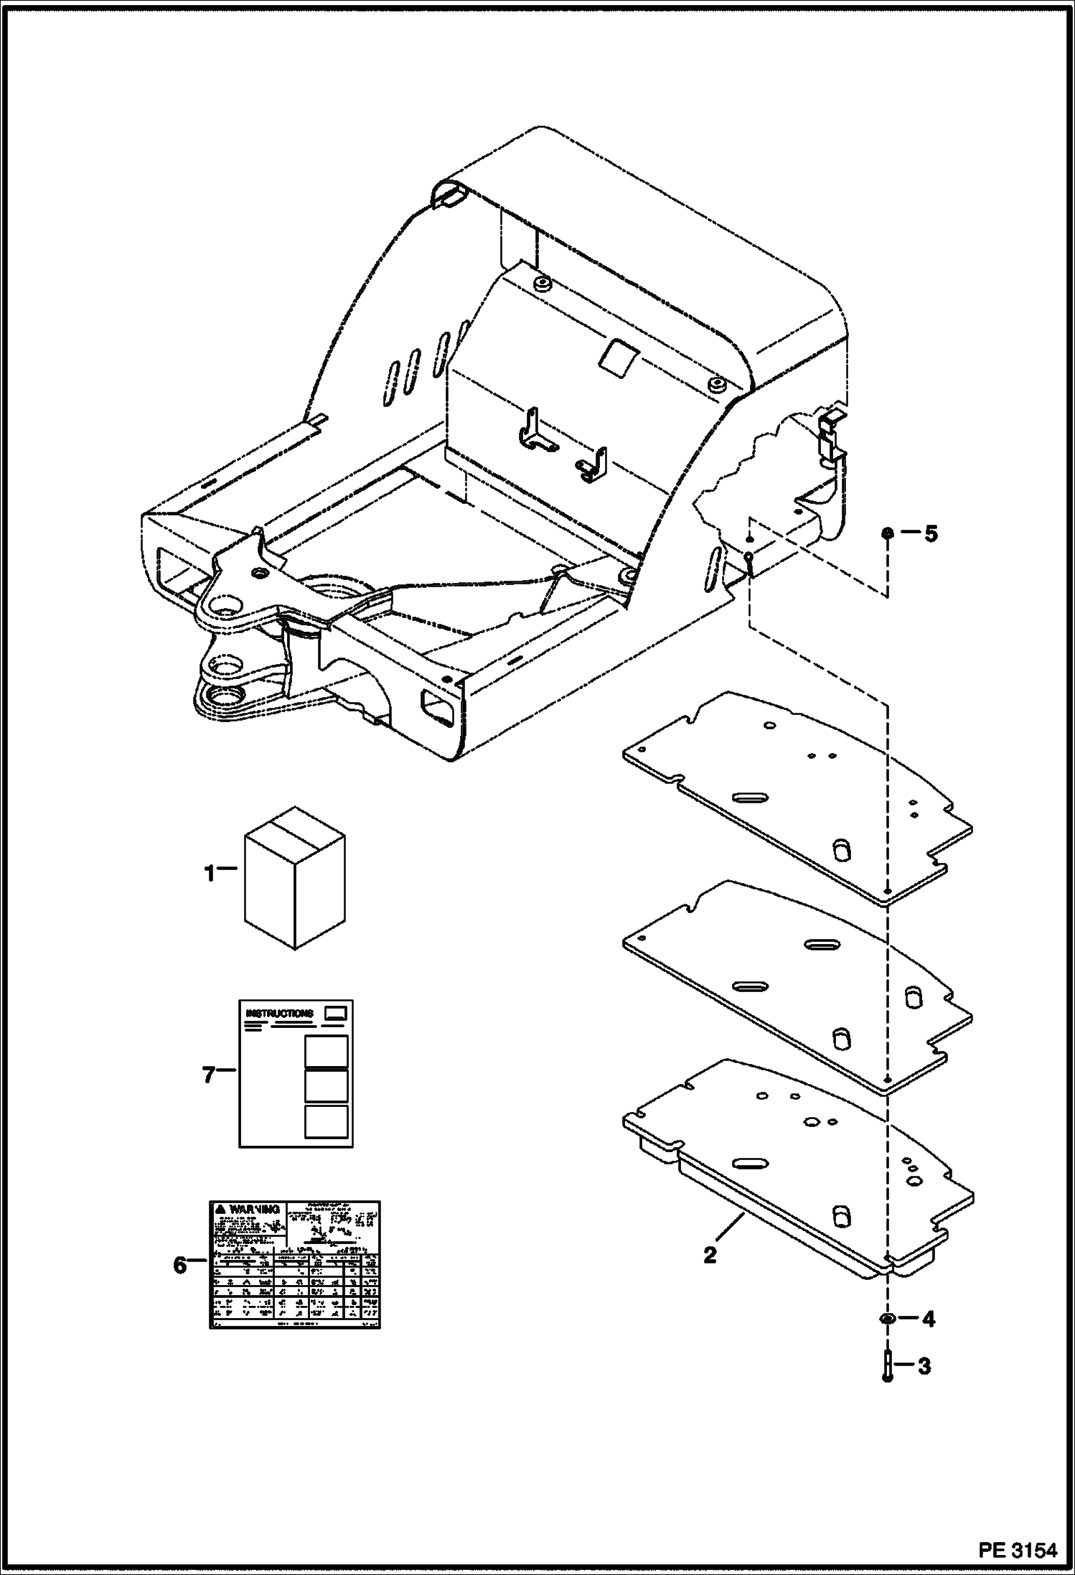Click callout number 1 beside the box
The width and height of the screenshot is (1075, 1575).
[209, 874]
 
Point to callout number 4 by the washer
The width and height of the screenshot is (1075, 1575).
[928, 1319]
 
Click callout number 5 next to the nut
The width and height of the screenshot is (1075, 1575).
[930, 534]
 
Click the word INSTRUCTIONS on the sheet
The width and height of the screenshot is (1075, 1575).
[280, 1014]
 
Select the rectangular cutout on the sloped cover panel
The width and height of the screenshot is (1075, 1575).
[620, 355]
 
